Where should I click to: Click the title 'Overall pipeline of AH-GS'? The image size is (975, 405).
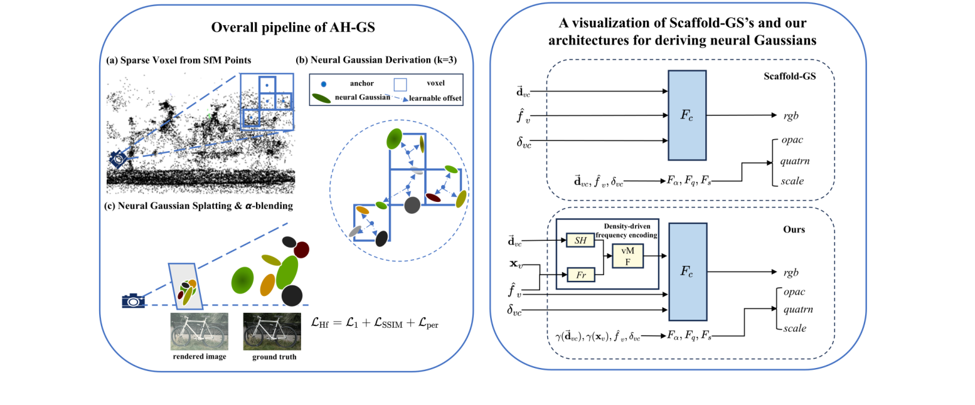[283, 28]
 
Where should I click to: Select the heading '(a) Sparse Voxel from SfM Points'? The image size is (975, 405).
[179, 60]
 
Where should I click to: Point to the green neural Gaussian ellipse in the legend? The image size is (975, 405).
[322, 98]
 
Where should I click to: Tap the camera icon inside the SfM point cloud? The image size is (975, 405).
[120, 159]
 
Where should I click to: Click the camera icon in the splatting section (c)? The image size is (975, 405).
[133, 301]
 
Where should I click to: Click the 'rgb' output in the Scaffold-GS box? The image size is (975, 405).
[792, 115]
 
